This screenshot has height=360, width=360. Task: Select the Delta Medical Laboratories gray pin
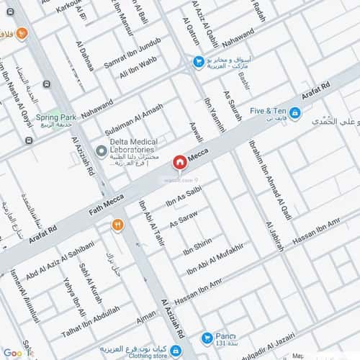(x=102, y=151)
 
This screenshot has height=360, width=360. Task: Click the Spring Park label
(x=57, y=117)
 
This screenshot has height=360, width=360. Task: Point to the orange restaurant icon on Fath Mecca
(x=117, y=225)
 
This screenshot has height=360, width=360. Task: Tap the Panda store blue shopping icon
(x=207, y=336)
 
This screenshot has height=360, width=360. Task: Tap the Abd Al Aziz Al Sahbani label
(x=59, y=264)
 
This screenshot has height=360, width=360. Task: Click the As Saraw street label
(x=183, y=220)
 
